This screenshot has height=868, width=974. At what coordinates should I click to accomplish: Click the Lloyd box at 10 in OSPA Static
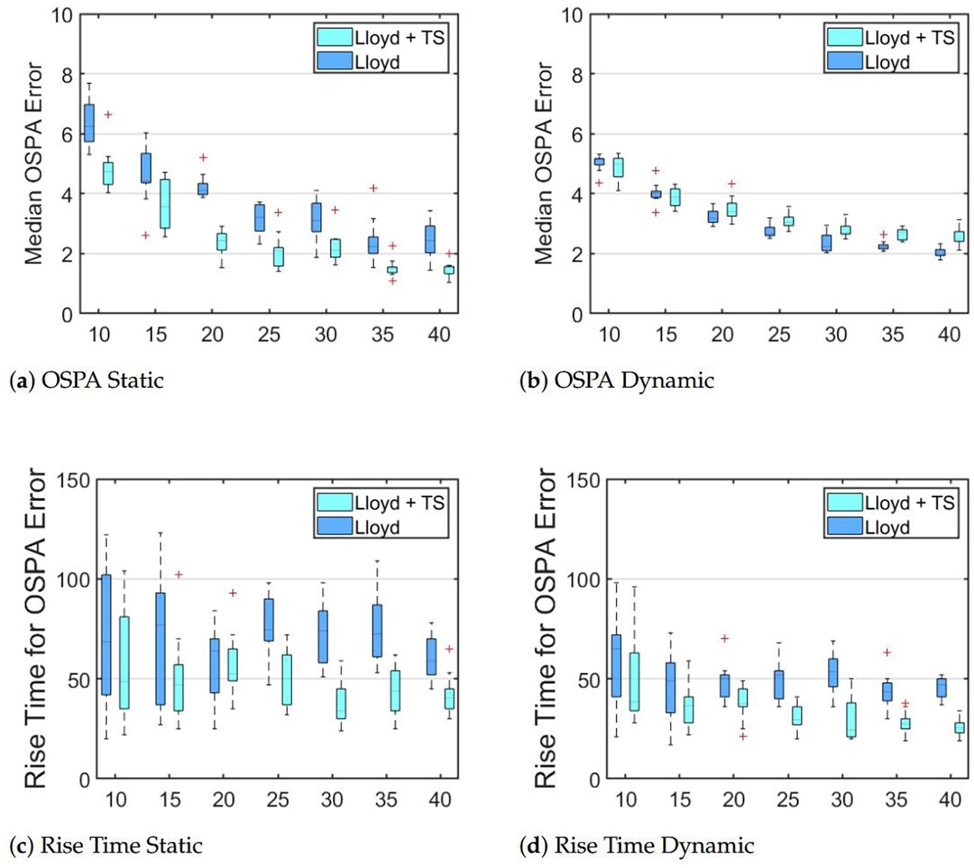coord(89,123)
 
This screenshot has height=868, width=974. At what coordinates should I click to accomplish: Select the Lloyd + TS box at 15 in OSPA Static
coord(165,203)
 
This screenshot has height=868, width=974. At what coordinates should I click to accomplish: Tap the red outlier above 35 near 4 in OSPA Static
coord(374,188)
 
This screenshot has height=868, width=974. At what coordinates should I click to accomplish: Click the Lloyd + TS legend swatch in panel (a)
coord(334,37)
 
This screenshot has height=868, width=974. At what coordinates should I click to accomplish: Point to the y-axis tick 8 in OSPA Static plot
coord(66,74)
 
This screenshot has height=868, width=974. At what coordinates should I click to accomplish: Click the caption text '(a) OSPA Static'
coord(87,380)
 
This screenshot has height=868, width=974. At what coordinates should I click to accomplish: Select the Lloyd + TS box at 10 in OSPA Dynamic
coord(618,167)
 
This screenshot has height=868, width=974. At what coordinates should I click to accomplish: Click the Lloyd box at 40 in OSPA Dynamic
coord(940,253)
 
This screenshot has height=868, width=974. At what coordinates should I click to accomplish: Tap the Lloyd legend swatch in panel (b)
coord(845,62)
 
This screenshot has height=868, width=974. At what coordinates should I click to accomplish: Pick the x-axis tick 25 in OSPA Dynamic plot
coord(779,335)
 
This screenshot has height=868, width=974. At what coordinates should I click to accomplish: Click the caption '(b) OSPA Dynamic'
coord(617,380)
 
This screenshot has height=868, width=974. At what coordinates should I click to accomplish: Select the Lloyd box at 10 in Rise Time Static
coord(107,635)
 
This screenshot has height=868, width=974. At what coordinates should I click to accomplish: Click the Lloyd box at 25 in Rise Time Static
coord(269,620)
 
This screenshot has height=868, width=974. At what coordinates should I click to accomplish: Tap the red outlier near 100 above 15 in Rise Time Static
coord(179,575)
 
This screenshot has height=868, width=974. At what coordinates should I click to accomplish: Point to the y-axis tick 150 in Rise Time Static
coord(74,481)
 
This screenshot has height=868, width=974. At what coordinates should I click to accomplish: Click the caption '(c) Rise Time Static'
coord(106,846)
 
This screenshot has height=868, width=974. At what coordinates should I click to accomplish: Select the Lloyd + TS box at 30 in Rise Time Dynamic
coord(852,719)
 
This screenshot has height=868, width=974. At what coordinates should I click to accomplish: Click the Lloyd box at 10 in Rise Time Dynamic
coord(616,665)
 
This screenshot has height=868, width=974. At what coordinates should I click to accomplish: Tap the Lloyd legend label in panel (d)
coord(887,528)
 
